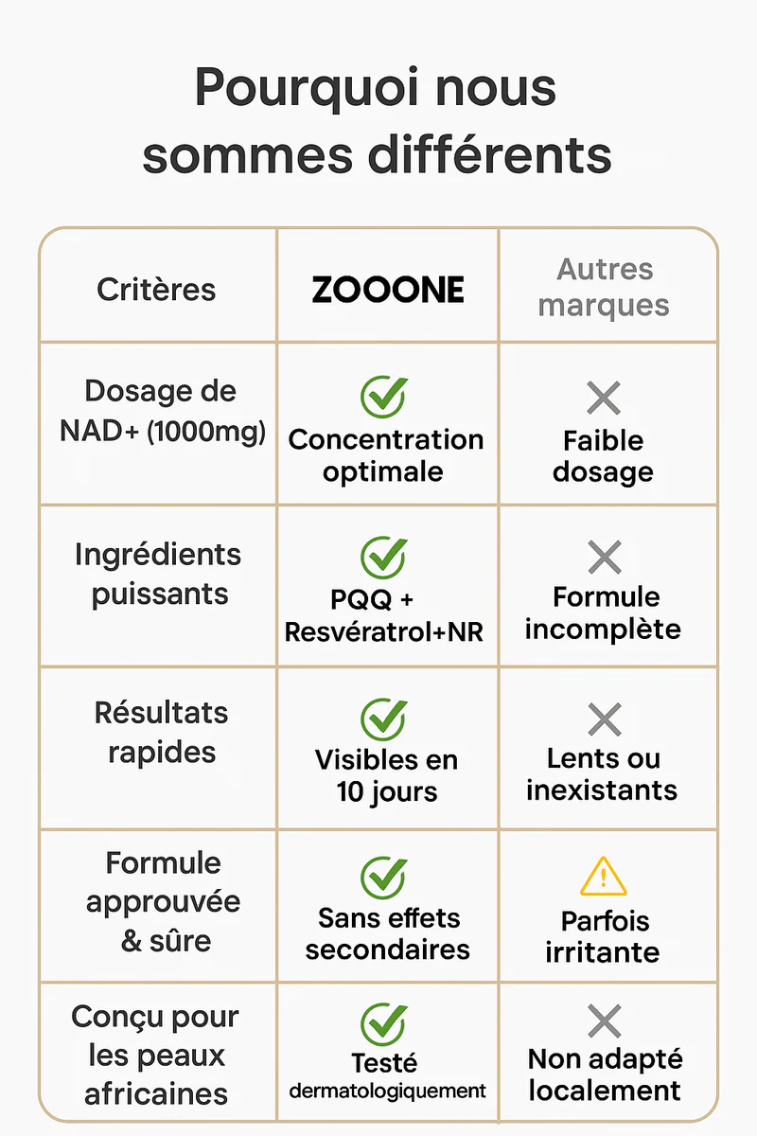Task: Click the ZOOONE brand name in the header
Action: pos(388,290)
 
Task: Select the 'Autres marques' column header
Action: pos(603,288)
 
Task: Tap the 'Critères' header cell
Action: pos(156,290)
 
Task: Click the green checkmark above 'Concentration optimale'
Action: pos(384,397)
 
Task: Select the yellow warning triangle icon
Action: pos(603,876)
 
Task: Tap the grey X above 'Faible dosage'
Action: pos(603,398)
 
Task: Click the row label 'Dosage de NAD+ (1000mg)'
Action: pos(162,411)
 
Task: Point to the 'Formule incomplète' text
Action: pos(604,613)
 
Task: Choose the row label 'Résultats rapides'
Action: pos(161,733)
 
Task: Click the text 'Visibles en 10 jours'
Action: pos(386,775)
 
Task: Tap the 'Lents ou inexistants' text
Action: pos(603,774)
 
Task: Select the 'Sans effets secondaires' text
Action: pos(387,933)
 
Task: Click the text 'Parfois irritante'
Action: pos(603,936)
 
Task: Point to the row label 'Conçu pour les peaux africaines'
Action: pos(156,1056)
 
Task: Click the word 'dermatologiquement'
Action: pos(387,1091)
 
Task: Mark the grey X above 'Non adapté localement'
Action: pos(603,1021)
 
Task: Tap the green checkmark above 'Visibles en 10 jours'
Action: pos(384,719)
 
